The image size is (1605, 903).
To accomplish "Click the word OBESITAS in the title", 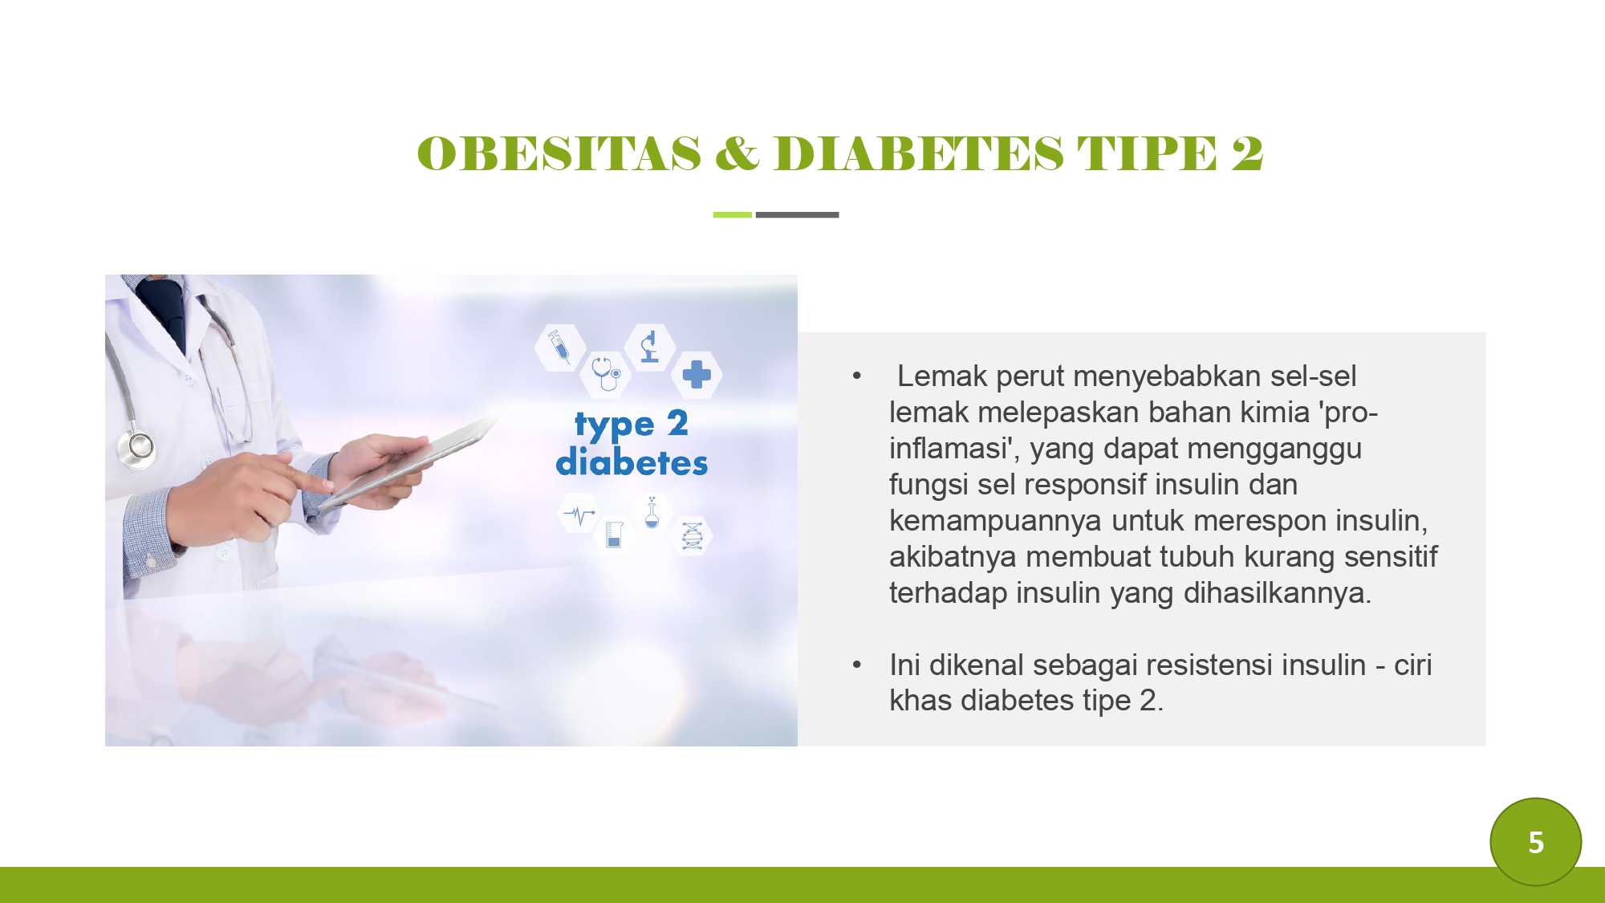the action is pyautogui.click(x=559, y=153).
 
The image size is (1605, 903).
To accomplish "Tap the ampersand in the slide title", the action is pyautogui.click(x=737, y=153).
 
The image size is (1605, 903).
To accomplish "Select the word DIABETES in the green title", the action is pyautogui.click(x=919, y=153).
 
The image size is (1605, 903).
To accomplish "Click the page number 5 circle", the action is pyautogui.click(x=1535, y=842).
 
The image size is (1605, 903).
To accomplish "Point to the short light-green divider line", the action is pyautogui.click(x=732, y=215).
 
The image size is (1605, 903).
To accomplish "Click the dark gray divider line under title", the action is pyautogui.click(x=797, y=215).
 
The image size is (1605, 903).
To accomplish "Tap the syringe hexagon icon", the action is pyautogui.click(x=559, y=347).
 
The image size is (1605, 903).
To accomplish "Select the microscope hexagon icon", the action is pyautogui.click(x=650, y=347).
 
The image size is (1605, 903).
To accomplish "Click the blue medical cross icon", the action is pyautogui.click(x=697, y=374).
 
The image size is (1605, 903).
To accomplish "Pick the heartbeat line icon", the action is pyautogui.click(x=579, y=514).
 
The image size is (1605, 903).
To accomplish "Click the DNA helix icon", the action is pyautogui.click(x=692, y=535).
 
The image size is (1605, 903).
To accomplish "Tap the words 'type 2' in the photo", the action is pyautogui.click(x=632, y=425).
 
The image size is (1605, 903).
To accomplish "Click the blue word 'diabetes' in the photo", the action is pyautogui.click(x=632, y=462).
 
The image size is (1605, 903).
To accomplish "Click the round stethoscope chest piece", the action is pyautogui.click(x=139, y=446).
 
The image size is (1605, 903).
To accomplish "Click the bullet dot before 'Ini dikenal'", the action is pyautogui.click(x=857, y=665).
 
